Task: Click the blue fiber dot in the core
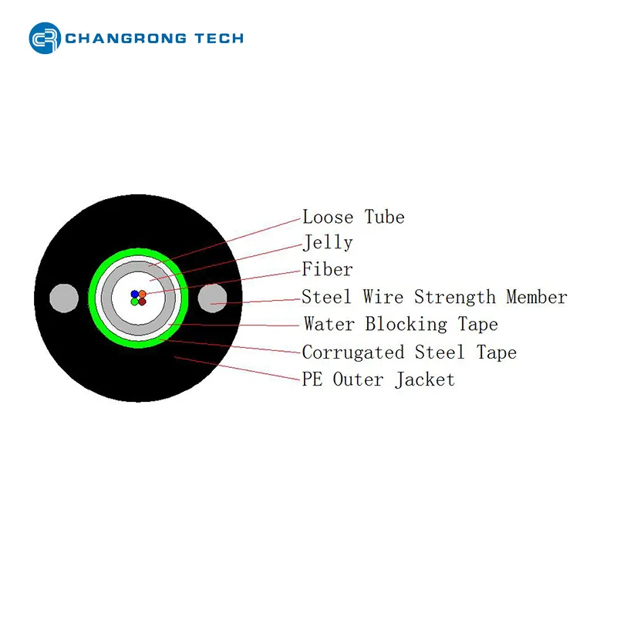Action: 134,294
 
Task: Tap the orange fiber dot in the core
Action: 143,294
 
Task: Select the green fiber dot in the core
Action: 134,302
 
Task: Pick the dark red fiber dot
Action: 143,302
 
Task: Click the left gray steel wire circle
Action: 64,298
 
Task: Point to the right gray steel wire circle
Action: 213,298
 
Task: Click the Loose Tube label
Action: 353,217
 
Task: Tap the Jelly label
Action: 327,243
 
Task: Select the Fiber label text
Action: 327,269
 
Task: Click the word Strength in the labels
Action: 455,297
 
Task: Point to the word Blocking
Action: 406,325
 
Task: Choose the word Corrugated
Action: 353,352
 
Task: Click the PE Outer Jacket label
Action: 378,379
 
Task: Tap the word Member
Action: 537,297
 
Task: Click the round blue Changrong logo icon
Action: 45,38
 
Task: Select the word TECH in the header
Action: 219,38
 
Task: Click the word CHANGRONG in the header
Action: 126,38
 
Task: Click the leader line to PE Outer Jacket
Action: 238,369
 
